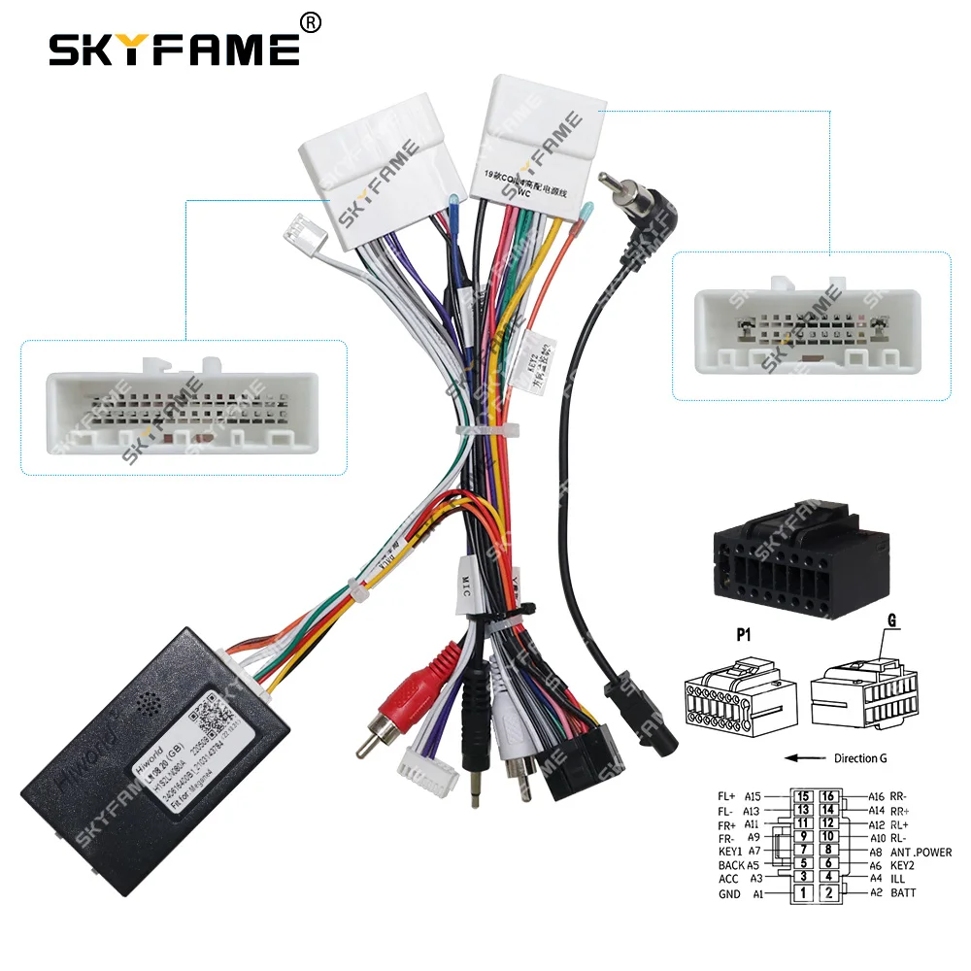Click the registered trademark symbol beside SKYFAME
click(x=311, y=21)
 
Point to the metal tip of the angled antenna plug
click(x=609, y=181)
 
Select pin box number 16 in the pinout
click(x=828, y=795)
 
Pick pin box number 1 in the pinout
click(x=803, y=891)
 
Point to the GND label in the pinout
click(x=729, y=893)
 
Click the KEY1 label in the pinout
click(x=731, y=851)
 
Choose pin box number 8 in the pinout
click(x=828, y=850)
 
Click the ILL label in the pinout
click(x=898, y=878)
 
